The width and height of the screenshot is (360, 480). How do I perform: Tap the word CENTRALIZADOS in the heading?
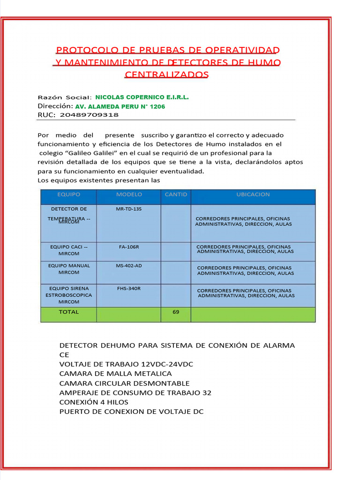166,75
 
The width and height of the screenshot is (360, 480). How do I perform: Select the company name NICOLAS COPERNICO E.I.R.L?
142,97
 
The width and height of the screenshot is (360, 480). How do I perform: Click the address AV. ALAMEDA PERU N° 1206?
120,106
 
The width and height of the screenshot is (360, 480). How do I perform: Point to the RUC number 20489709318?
90,115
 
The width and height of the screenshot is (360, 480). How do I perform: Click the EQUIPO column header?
68,195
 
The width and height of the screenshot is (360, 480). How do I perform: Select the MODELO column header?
129,195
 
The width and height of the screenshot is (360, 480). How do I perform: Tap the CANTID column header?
176,195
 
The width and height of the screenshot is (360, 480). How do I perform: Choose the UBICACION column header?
253,195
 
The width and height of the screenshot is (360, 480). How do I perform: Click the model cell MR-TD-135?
128,209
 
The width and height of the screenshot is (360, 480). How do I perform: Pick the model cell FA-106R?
128,247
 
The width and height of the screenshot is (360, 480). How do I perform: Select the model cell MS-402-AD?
128,266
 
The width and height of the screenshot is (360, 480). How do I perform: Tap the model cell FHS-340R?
128,288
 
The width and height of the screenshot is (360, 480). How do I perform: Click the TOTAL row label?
68,312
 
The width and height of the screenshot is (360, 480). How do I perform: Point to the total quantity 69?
176,312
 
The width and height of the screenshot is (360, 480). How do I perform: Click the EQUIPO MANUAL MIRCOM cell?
68,269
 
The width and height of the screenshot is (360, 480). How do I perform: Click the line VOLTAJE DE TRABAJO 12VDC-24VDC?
126,364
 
